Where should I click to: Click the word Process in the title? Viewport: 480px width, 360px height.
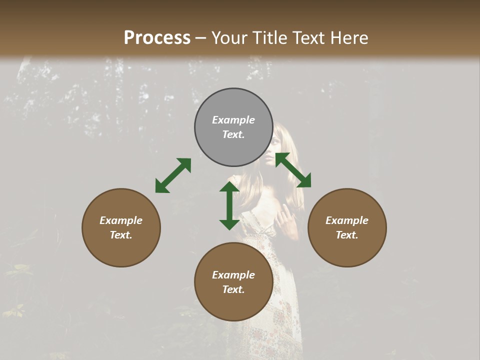(x=157, y=37)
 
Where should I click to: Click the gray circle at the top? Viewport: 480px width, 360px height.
(x=233, y=100)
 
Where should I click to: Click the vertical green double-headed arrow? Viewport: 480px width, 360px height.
(x=229, y=205)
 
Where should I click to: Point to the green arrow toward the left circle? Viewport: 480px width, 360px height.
(x=173, y=175)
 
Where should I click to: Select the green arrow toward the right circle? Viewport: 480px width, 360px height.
(x=293, y=170)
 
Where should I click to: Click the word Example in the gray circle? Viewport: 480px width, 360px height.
(x=233, y=120)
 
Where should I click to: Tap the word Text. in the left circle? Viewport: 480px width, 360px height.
(x=121, y=235)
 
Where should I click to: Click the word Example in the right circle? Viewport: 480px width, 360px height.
(x=347, y=220)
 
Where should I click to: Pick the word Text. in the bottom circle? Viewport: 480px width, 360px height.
(x=233, y=289)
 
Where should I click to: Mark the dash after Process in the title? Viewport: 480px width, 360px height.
(x=201, y=38)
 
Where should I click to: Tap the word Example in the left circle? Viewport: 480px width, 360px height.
(x=121, y=220)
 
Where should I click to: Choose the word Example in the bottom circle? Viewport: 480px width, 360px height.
(x=233, y=275)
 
